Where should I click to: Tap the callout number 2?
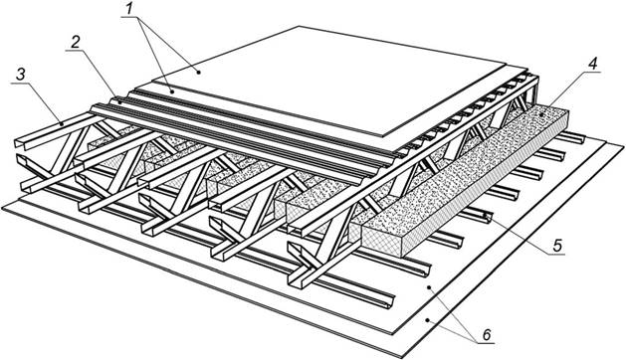tap(75, 43)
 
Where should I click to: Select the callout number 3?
tap(20, 75)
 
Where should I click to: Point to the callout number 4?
tap(593, 64)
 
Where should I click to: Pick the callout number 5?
tap(557, 245)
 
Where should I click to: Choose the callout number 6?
tap(487, 334)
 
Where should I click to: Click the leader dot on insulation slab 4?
tap(541, 115)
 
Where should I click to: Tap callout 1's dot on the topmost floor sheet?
tap(198, 72)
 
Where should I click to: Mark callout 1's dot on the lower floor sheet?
tap(172, 91)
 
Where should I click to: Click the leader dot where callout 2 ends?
tap(119, 102)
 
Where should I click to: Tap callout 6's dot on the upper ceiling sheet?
tap(429, 287)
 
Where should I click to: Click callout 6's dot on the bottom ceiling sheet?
tap(428, 319)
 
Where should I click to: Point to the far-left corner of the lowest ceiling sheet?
tap(2, 209)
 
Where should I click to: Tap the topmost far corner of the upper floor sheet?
tap(299, 26)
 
